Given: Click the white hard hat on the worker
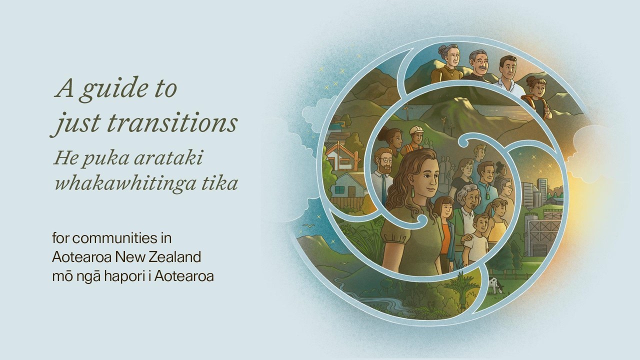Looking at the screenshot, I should pos(416,131).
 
